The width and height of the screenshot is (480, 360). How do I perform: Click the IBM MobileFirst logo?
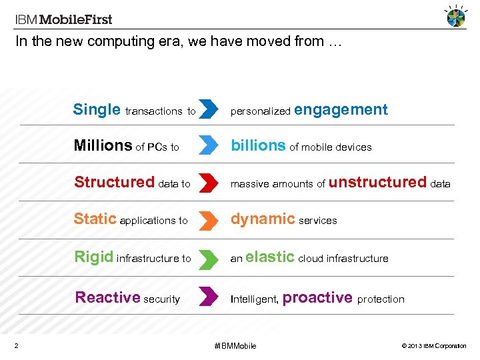coord(64,19)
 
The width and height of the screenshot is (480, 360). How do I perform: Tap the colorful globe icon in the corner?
coord(456,17)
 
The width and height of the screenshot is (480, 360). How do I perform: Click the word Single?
coord(97,110)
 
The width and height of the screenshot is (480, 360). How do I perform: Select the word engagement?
coord(341,110)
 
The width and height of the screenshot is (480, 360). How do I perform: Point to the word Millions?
coord(103,146)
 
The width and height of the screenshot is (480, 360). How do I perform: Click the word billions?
coord(258,146)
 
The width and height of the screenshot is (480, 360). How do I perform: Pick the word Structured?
coord(114,182)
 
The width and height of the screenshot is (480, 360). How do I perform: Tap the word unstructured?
coord(377,182)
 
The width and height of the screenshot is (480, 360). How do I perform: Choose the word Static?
coord(95,219)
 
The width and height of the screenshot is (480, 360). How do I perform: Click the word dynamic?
coord(263,219)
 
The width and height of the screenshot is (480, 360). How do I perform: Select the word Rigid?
coord(93,257)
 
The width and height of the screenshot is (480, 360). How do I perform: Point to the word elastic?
coord(270,257)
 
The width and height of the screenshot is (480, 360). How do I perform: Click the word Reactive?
coord(107,297)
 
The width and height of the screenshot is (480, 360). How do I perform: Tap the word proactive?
coord(317,297)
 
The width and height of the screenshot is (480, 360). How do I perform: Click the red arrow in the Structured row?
coord(209,182)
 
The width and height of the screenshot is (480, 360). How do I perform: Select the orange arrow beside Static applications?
coord(209,219)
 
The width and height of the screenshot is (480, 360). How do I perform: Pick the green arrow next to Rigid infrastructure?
coord(209,257)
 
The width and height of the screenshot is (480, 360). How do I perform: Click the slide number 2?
coord(16,345)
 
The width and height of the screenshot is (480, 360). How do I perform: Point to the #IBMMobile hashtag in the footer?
coord(235,345)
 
